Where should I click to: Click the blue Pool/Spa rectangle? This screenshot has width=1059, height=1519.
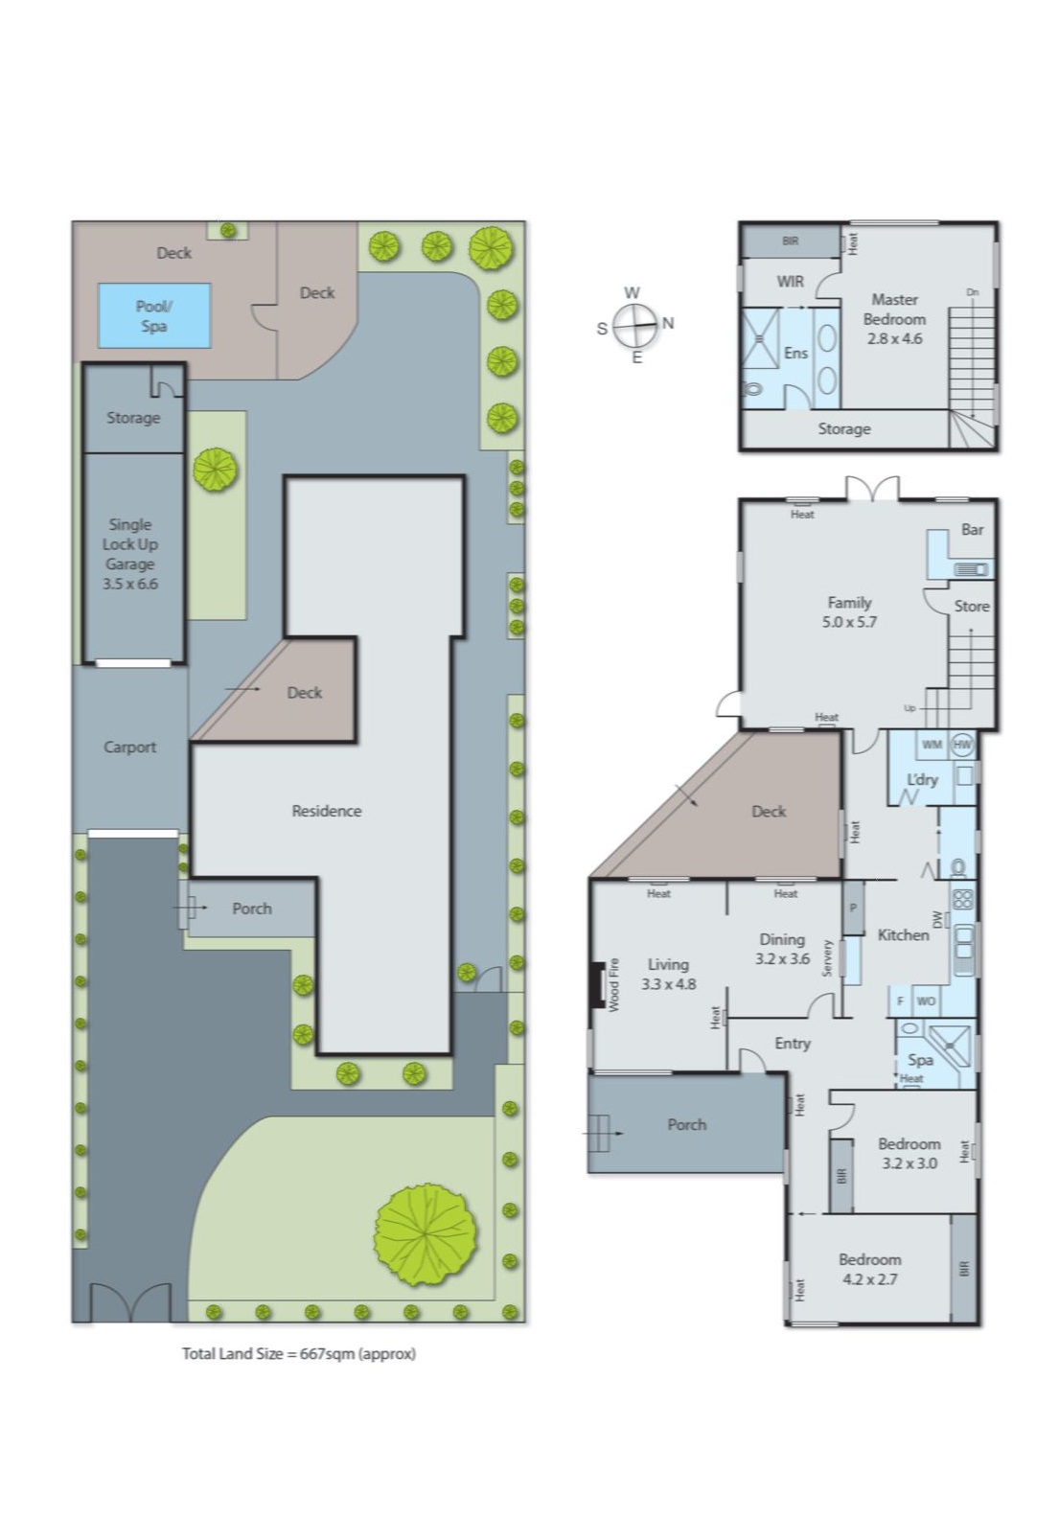tap(153, 315)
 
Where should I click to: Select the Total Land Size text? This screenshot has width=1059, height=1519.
tap(299, 1353)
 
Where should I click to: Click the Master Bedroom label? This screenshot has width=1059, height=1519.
tap(894, 309)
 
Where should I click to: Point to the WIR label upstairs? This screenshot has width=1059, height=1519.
tap(790, 281)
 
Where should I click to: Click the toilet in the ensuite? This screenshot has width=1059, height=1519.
tap(752, 389)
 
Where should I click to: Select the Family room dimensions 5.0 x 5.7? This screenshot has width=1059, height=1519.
tap(849, 621)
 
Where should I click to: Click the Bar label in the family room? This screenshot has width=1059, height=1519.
tap(972, 529)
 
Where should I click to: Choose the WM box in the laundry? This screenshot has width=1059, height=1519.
tap(932, 745)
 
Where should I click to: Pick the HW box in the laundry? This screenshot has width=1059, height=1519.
tap(962, 745)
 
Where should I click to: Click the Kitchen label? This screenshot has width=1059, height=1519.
tap(903, 934)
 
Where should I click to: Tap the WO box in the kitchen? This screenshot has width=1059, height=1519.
tap(926, 1001)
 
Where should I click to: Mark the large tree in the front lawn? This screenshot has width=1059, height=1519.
tap(425, 1234)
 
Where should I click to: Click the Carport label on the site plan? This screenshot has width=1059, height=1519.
tap(129, 747)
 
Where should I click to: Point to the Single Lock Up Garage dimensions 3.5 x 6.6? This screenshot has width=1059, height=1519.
tap(130, 584)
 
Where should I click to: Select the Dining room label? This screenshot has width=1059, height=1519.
tap(782, 939)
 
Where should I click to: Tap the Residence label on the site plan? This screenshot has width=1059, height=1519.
tap(327, 811)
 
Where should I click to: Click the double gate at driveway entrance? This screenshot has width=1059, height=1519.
tap(129, 1303)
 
